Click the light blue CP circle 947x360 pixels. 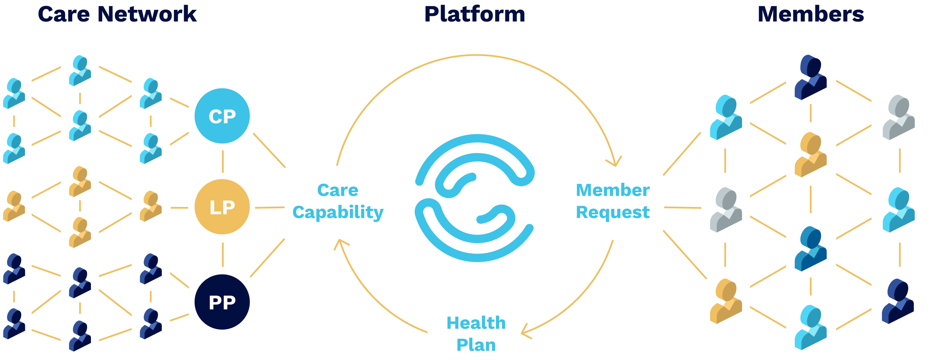click(x=222, y=116)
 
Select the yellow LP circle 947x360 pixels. click(x=222, y=207)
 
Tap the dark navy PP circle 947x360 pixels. click(x=222, y=302)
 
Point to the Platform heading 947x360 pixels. click(x=475, y=14)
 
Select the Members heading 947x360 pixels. click(x=811, y=14)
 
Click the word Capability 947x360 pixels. click(x=338, y=212)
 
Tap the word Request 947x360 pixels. click(x=613, y=212)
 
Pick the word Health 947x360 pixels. click(x=476, y=323)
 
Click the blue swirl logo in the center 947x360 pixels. click(x=475, y=198)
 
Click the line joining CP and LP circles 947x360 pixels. click(x=223, y=161)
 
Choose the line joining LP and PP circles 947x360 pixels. click(x=223, y=255)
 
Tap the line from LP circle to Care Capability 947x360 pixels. click(x=270, y=208)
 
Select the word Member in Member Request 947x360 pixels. click(x=613, y=190)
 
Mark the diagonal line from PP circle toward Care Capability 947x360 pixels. click(x=267, y=258)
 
